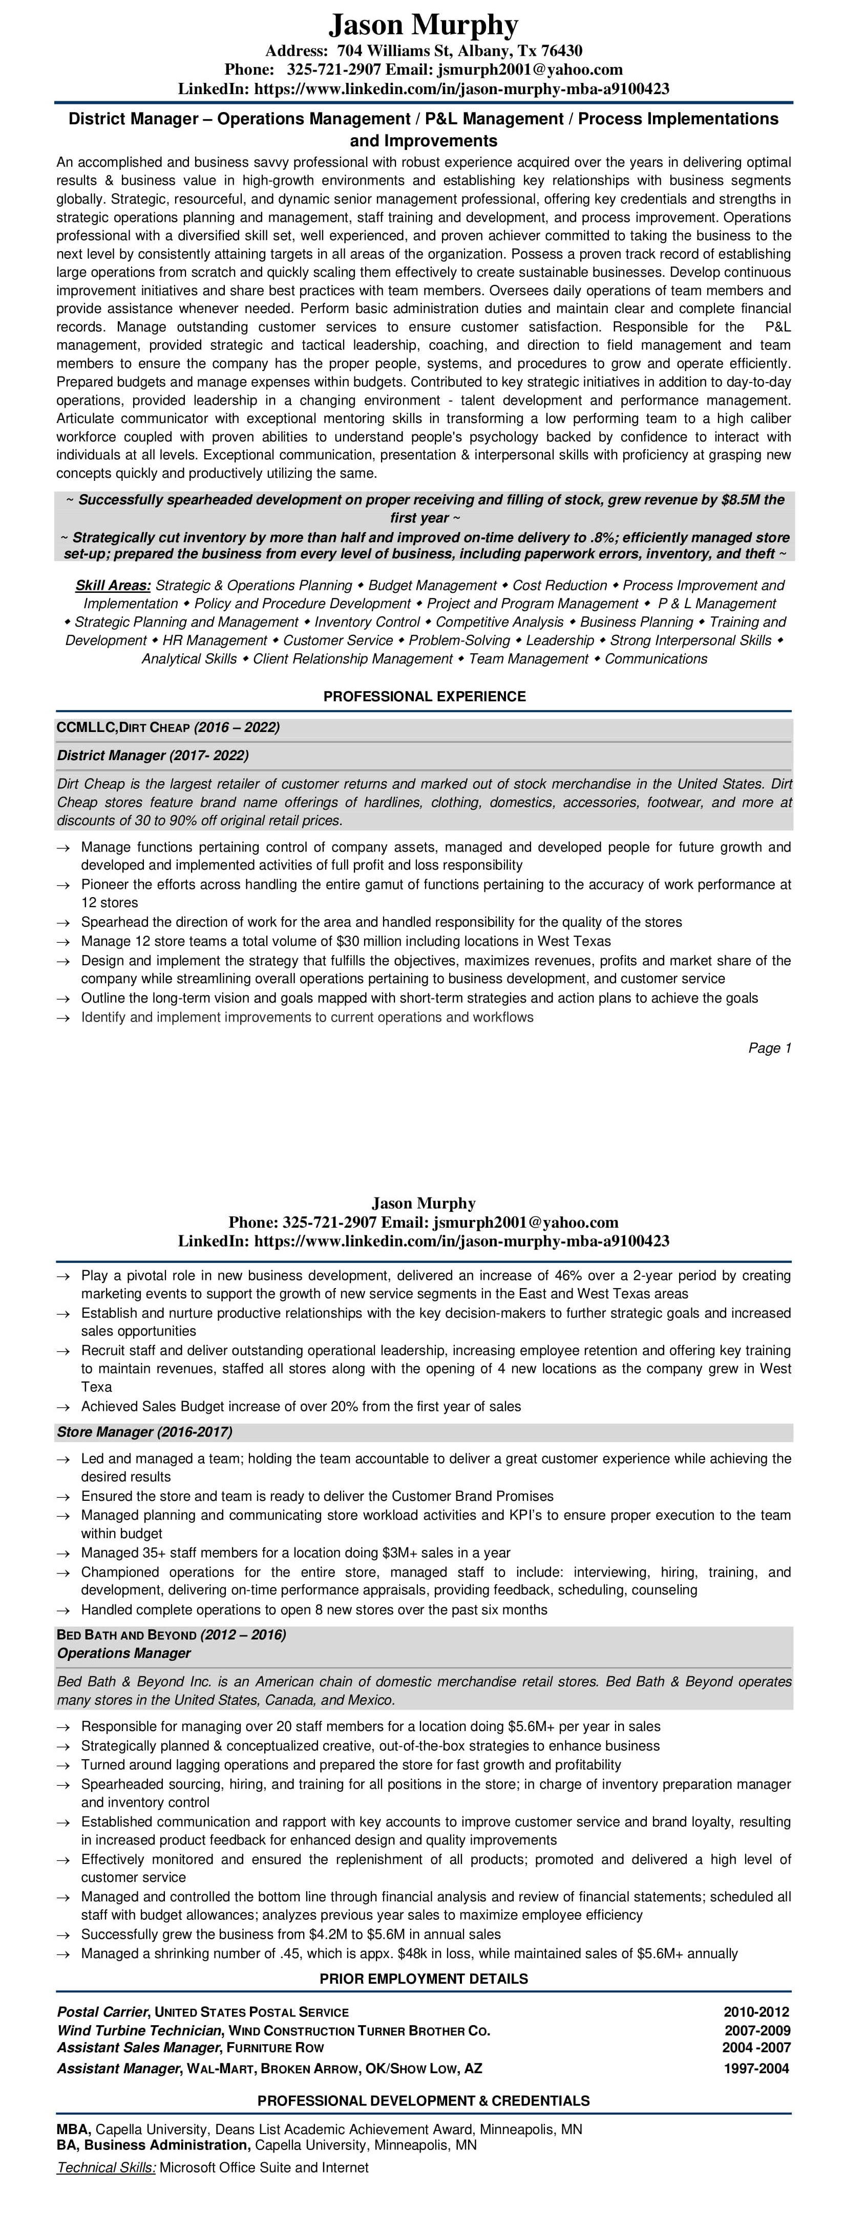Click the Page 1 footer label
point(769,1048)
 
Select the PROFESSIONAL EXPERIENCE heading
point(424,696)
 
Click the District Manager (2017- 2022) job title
point(153,756)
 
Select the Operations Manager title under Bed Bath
point(124,1653)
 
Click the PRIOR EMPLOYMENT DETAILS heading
point(424,1979)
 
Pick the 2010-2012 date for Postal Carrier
point(756,2012)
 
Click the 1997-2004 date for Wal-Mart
point(756,2068)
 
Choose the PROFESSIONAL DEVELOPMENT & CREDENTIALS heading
point(424,2100)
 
